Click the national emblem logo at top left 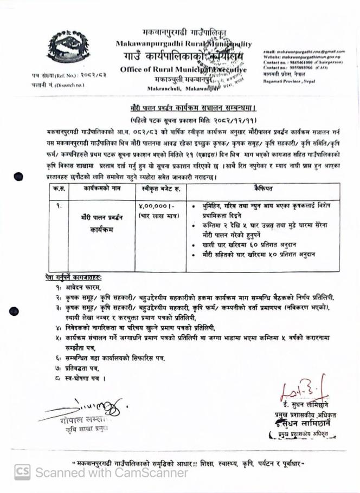pyautogui.click(x=68, y=46)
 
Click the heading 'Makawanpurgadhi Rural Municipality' pyautogui.click(x=183, y=43)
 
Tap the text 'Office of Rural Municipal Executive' pyautogui.click(x=182, y=69)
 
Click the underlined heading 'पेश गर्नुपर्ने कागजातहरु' pyautogui.click(x=73, y=277)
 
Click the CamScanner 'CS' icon pyautogui.click(x=22, y=472)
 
